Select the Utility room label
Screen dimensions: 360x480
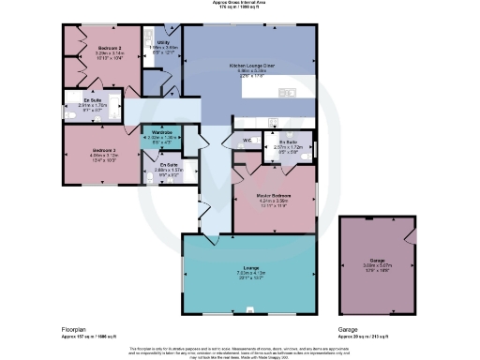click(162, 42)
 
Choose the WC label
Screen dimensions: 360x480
click(246, 141)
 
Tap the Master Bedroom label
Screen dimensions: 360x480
click(275, 195)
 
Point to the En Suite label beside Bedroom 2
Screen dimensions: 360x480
click(93, 99)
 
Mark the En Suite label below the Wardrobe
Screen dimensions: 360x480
click(169, 165)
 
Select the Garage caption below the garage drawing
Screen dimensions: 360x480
click(349, 329)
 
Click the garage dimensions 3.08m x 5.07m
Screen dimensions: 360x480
click(377, 267)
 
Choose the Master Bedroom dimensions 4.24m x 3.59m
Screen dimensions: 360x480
click(275, 201)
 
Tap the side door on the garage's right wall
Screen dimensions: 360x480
click(412, 233)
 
